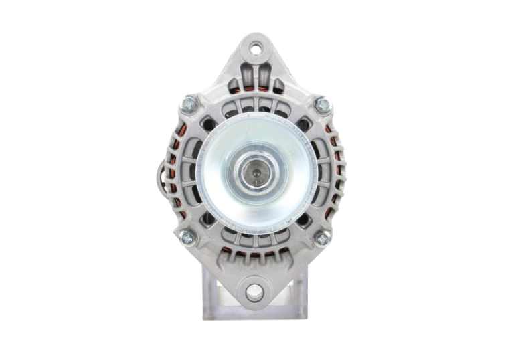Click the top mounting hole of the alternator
256,48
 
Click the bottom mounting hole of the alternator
254,292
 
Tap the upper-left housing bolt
189,104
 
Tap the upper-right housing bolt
322,104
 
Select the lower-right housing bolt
322,238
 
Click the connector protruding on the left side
161,174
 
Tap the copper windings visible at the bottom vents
254,254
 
